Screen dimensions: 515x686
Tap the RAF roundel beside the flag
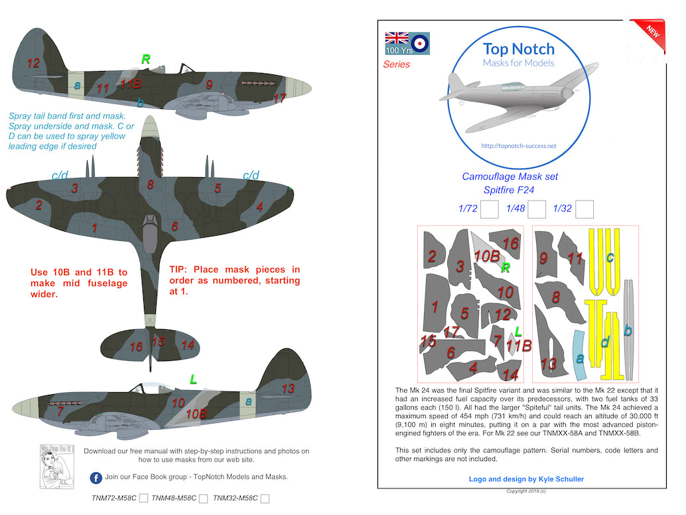point(420,44)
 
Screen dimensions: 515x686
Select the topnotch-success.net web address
point(518,146)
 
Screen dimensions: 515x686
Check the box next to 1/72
point(490,210)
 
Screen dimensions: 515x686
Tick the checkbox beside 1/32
point(584,210)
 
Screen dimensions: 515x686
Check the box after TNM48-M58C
point(203,498)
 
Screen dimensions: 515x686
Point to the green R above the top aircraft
point(145,60)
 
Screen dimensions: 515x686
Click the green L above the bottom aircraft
point(193,380)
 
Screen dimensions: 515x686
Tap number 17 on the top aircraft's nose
point(279,98)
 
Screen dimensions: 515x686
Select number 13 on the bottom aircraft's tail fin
point(288,389)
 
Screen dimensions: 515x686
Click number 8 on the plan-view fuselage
point(151,184)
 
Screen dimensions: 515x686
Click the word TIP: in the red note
point(180,269)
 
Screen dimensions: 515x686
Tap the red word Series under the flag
point(397,64)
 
